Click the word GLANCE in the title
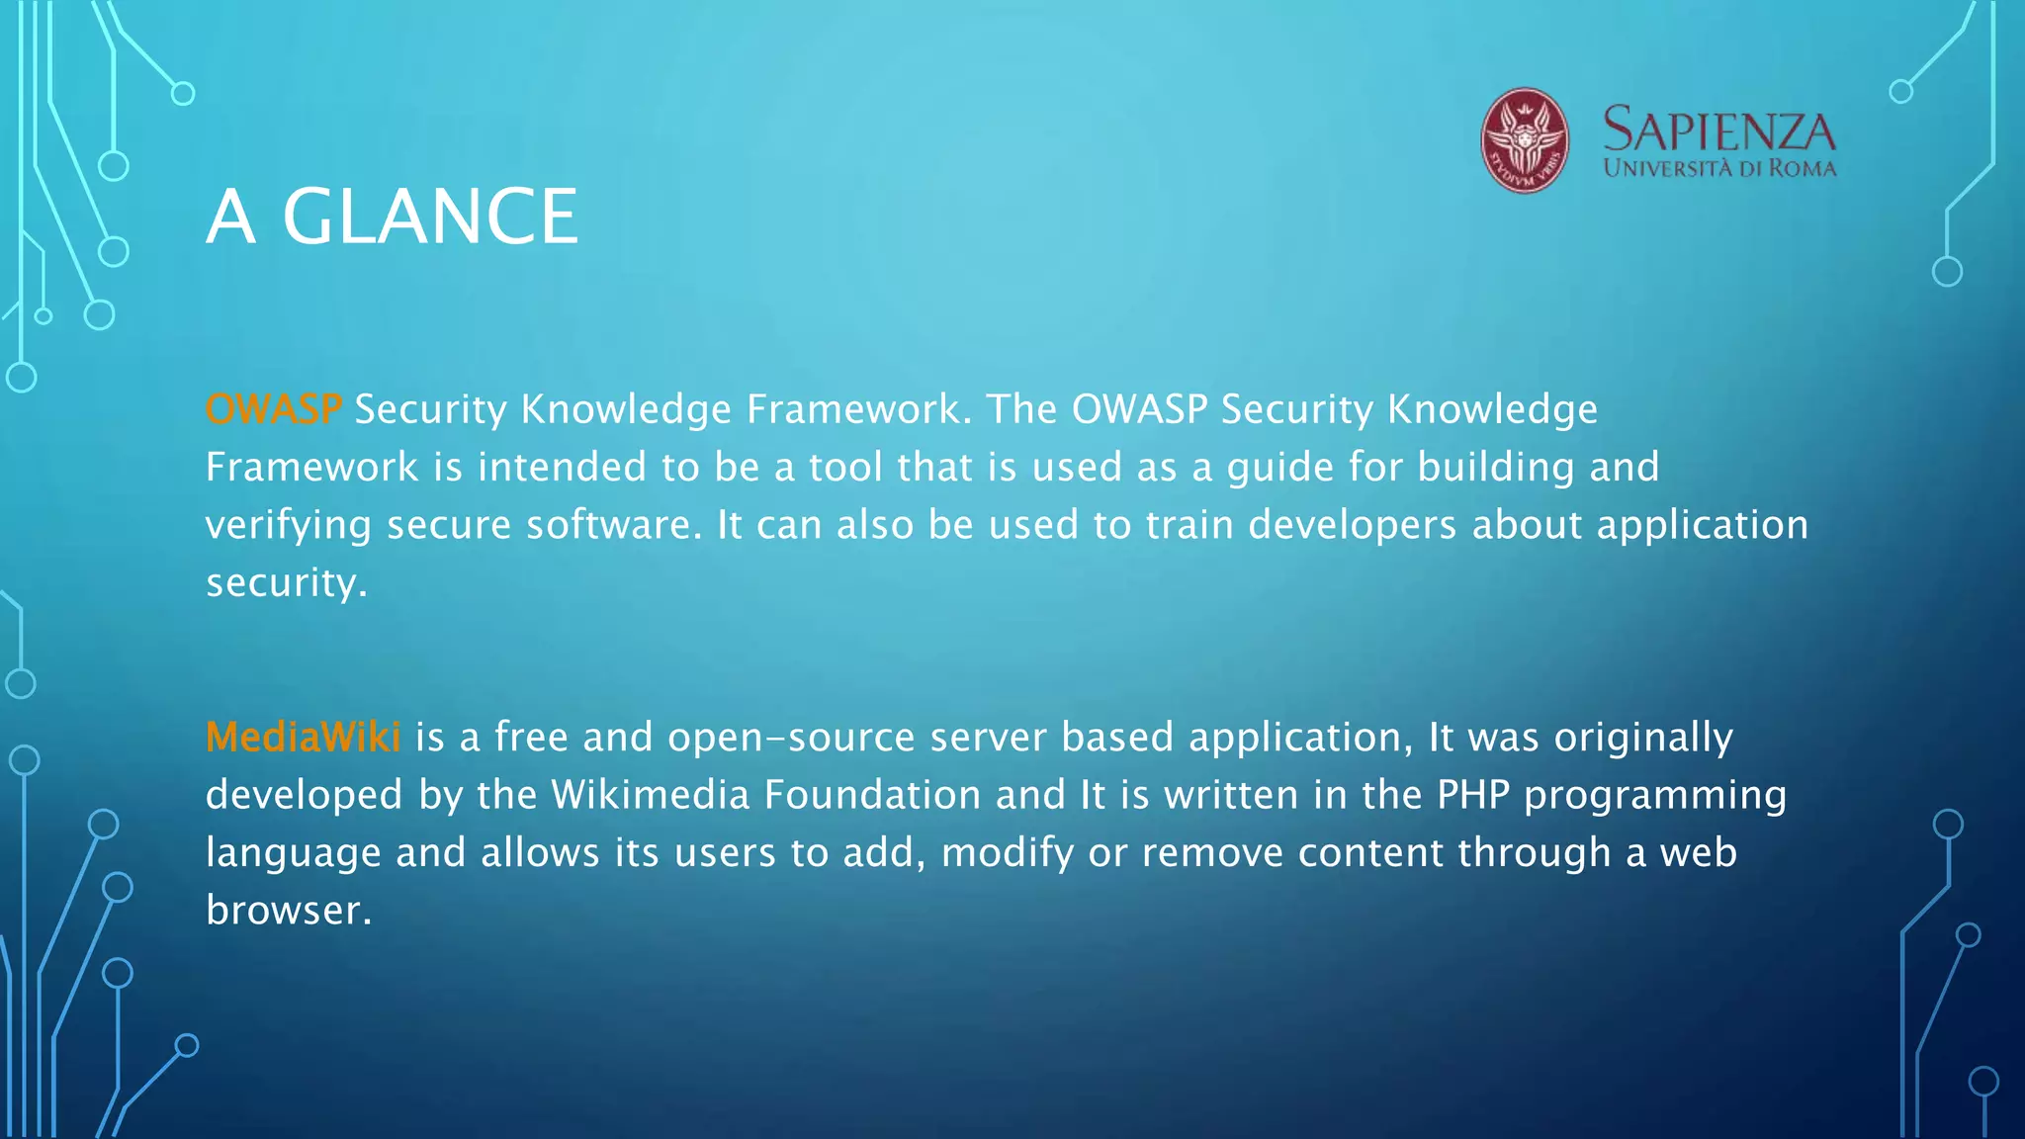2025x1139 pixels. pos(430,217)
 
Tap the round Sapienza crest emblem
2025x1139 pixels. pos(1524,140)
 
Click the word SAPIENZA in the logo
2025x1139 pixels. pos(1718,131)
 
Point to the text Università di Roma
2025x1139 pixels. pos(1719,168)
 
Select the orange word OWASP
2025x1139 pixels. pos(273,409)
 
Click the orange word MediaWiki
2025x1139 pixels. pos(303,738)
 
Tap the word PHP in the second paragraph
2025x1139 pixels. pos(1472,795)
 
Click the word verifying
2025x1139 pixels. pos(288,525)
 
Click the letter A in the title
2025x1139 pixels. pos(230,217)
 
